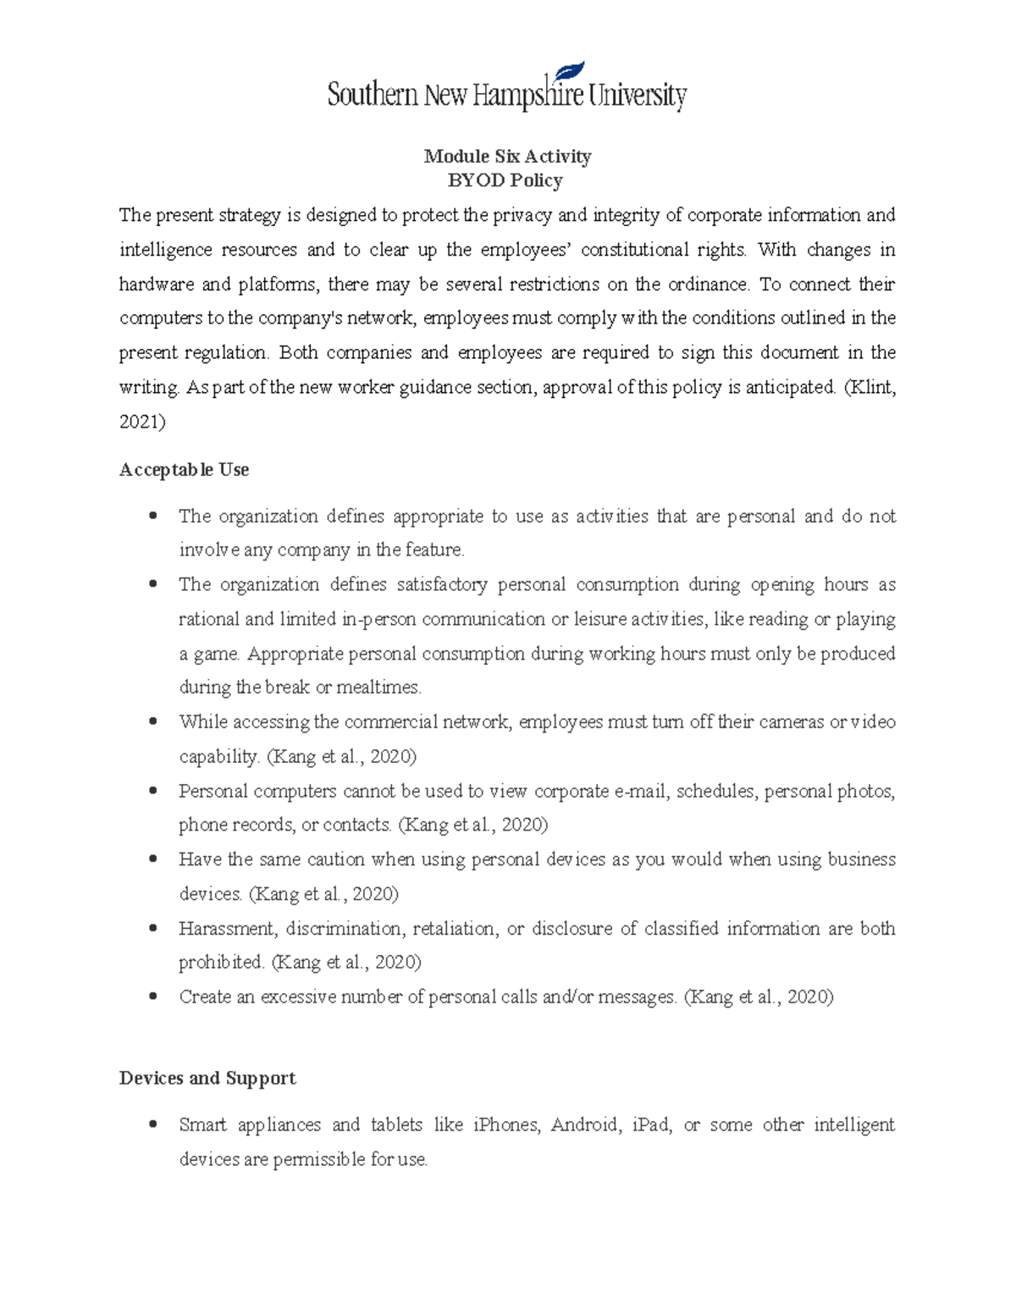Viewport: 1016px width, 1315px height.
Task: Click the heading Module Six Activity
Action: click(x=507, y=156)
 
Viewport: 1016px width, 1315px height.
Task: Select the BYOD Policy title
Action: click(x=505, y=180)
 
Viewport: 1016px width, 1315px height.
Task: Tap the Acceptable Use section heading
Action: click(x=184, y=469)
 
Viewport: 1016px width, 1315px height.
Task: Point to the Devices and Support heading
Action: click(x=207, y=1078)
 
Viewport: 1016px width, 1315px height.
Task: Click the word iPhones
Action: click(x=505, y=1124)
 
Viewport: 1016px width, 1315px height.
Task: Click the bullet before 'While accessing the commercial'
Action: click(x=152, y=722)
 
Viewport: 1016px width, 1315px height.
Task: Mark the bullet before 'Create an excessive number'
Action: click(x=152, y=997)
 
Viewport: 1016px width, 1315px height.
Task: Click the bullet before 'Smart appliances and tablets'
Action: click(x=152, y=1124)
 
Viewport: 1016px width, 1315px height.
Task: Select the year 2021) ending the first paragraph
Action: click(x=142, y=422)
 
